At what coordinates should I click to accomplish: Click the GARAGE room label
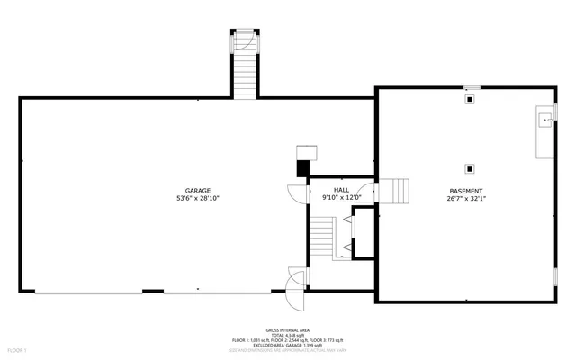click(x=198, y=191)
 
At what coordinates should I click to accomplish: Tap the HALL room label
click(x=341, y=191)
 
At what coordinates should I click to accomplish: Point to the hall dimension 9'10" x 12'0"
click(x=341, y=198)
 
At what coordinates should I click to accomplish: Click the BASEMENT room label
click(x=466, y=191)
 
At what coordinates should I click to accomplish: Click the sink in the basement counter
click(x=544, y=118)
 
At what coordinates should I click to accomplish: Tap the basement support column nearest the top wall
click(x=469, y=101)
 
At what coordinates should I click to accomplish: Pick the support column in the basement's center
click(x=469, y=167)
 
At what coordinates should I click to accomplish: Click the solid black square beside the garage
click(x=302, y=167)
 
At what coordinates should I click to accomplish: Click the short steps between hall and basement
click(x=398, y=191)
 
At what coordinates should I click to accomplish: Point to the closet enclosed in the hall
click(x=364, y=234)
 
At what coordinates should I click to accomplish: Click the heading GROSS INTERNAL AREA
click(x=287, y=329)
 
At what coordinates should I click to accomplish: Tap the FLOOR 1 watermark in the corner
click(x=18, y=349)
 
